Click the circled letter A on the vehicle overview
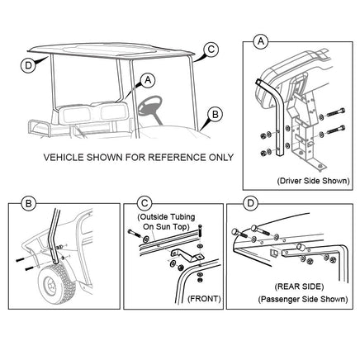click(x=148, y=80)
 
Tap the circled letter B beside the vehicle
click(x=215, y=114)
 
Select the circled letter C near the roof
click(x=211, y=50)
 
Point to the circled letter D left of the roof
click(x=28, y=65)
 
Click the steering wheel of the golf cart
click(x=150, y=106)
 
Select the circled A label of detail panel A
click(x=260, y=41)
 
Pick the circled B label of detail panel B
click(x=28, y=204)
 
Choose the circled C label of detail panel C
click(x=144, y=203)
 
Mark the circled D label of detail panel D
click(x=250, y=203)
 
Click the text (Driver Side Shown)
click(x=313, y=181)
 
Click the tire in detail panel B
click(x=57, y=283)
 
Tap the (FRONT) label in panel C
click(x=204, y=299)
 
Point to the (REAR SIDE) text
click(x=299, y=287)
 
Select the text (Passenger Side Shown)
click(x=303, y=299)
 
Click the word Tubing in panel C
click(x=182, y=217)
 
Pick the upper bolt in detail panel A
click(x=335, y=113)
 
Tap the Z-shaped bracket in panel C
click(x=187, y=254)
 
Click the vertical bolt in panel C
click(x=200, y=231)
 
